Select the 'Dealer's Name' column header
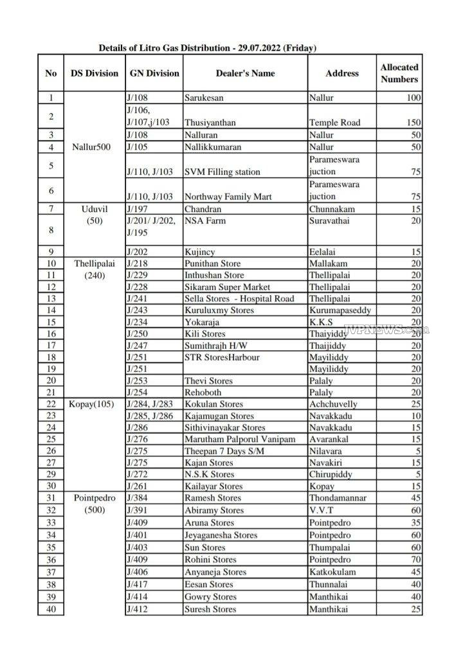click(x=245, y=73)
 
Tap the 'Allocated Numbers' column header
click(x=399, y=73)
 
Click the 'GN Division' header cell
click(x=154, y=73)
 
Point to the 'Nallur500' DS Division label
click(x=92, y=147)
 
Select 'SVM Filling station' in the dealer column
click(x=222, y=172)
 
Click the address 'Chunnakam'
click(x=329, y=209)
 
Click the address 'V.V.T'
click(x=322, y=510)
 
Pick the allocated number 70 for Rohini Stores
click(x=415, y=560)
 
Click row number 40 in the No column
click(x=51, y=609)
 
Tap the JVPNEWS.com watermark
click(x=393, y=330)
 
